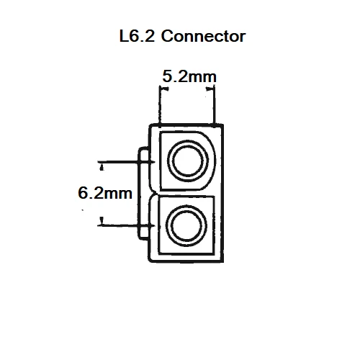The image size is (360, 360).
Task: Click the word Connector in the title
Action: [204, 37]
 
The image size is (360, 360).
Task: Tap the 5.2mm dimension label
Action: [189, 75]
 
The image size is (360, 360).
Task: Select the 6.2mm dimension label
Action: [104, 192]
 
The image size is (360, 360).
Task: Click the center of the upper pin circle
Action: [189, 159]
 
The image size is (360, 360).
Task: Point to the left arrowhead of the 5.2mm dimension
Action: [163, 89]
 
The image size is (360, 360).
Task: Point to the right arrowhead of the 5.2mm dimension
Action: [211, 89]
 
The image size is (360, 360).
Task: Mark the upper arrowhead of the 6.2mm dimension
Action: [102, 166]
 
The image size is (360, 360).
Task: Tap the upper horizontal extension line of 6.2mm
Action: [126, 162]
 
